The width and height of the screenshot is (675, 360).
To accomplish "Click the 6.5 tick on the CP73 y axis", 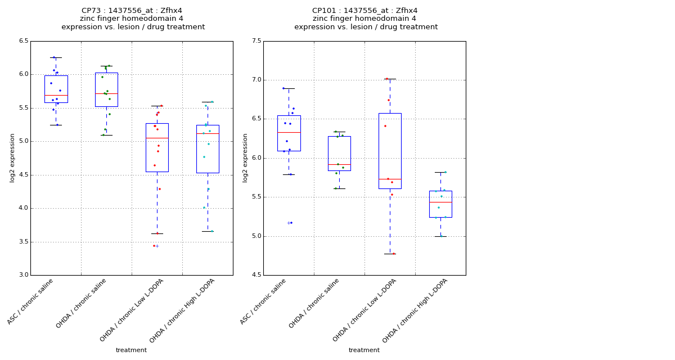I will coord(23,41).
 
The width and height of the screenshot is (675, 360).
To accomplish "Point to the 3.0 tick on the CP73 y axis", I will coord(23,275).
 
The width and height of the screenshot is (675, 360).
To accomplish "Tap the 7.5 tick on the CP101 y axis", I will coord(256,41).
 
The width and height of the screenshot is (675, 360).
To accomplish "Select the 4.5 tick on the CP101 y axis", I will coord(256,275).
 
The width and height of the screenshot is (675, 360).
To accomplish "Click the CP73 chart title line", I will coord(132,11).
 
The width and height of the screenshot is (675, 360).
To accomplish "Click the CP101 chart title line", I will coord(364,11).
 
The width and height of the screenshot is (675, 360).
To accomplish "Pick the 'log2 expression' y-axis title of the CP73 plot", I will coord(12,157).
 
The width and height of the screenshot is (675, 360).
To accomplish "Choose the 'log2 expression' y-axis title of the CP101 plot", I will coord(245,157).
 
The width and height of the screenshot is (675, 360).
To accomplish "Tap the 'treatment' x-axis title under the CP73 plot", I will coord(131,350).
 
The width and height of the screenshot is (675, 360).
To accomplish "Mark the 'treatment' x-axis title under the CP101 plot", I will coord(364,350).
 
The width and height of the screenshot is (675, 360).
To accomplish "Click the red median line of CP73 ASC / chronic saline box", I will coord(56,95).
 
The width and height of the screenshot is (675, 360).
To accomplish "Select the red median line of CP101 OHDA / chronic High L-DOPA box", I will coord(440,202).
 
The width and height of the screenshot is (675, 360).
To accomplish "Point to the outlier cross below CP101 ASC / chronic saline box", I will coord(289,223).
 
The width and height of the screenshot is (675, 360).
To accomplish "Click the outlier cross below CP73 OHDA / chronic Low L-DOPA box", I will coord(157,246).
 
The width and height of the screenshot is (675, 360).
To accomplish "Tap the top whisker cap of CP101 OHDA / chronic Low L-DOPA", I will coord(390,79).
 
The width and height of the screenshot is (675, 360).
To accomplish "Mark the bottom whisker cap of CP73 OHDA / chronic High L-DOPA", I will coord(208,231).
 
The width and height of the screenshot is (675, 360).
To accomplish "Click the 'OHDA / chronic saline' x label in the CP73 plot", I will coord(82,304).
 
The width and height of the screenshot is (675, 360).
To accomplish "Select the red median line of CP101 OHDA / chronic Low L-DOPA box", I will coord(390,179).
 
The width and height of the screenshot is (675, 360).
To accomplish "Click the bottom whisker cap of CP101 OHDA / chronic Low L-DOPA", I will coord(390,254).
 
